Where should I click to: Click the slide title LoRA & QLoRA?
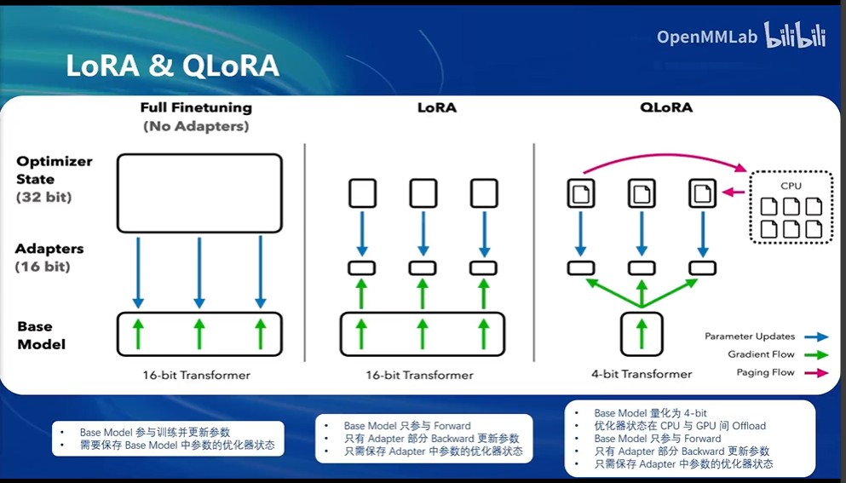(172, 66)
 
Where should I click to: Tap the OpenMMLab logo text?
(707, 37)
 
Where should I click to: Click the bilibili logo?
(795, 35)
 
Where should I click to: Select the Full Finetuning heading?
(196, 108)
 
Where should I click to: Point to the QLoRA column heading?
(665, 108)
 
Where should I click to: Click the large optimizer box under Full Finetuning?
(199, 193)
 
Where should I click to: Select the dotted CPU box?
(791, 208)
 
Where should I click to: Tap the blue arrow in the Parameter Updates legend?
(817, 336)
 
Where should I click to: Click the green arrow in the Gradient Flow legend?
(817, 354)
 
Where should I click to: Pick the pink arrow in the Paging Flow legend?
(817, 372)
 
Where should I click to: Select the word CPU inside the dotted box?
(791, 185)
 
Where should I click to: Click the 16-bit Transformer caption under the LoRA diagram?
(419, 375)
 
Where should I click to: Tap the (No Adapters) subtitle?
(196, 126)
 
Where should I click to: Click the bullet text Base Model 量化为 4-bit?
(650, 413)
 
